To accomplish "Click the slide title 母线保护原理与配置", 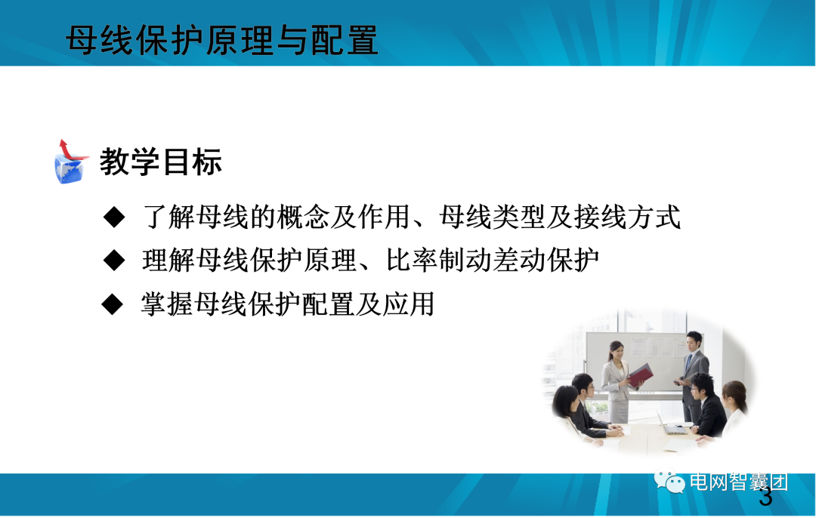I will (x=222, y=41).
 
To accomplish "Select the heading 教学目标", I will (x=161, y=162).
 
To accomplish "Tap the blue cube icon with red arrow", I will (x=70, y=162).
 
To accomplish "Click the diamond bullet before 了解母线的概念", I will (x=113, y=217).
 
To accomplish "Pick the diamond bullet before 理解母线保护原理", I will (x=113, y=261).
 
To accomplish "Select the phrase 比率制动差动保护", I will (x=493, y=261).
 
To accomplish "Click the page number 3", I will (x=765, y=498).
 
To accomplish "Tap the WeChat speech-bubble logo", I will (x=669, y=481).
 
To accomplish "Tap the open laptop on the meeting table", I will (x=669, y=424).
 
